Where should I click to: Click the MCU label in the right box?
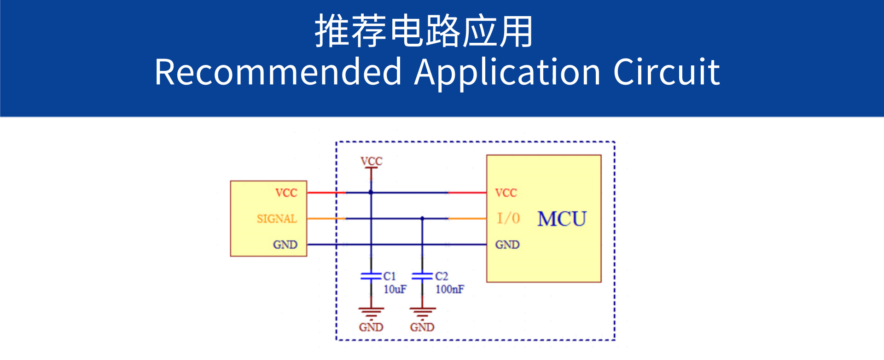tap(562, 219)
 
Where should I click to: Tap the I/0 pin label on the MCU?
tap(508, 218)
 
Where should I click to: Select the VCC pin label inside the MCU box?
tap(506, 193)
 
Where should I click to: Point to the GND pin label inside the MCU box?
tap(507, 245)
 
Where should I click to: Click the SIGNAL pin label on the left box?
tap(277, 219)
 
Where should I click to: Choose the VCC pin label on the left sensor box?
tap(286, 193)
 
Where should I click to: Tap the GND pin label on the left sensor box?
tap(285, 245)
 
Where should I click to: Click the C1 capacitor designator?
tap(390, 276)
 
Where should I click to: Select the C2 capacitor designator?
tap(442, 276)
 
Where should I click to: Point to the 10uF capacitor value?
tap(395, 290)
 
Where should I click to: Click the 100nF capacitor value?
tap(450, 290)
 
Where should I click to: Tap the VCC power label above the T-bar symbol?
tap(371, 161)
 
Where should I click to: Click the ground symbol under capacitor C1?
tap(371, 312)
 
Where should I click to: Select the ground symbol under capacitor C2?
tap(422, 312)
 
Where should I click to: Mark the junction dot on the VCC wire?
tap(371, 192)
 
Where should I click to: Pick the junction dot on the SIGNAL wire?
tap(422, 219)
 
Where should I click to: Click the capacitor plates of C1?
tap(371, 276)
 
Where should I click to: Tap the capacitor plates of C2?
tap(422, 276)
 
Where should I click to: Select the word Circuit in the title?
tap(666, 72)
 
